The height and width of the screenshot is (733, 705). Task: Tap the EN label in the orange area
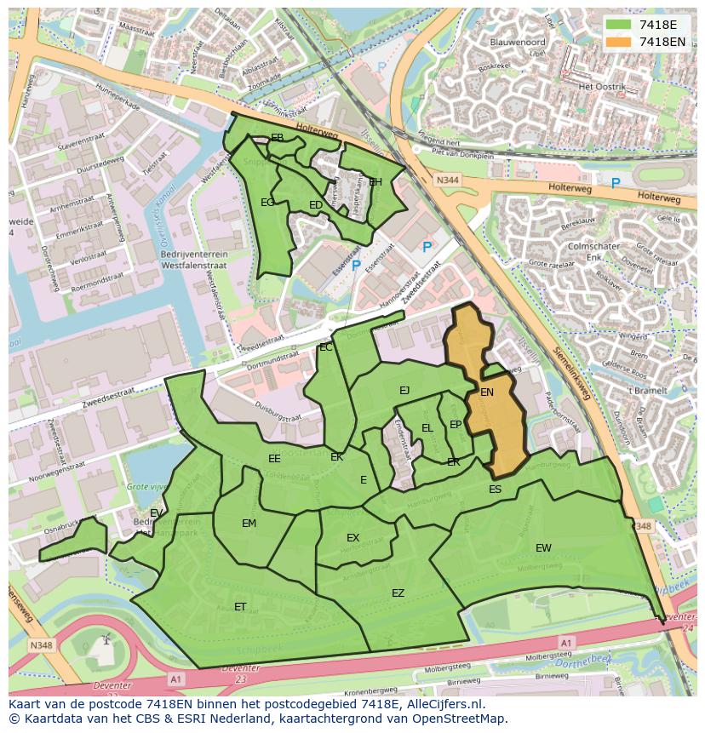[487, 392]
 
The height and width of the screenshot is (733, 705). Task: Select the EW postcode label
[543, 547]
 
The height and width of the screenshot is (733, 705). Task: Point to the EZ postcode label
[398, 593]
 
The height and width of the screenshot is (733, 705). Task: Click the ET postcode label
[240, 607]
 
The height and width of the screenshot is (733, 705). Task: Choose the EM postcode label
[249, 524]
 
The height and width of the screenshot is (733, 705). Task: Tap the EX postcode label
[353, 538]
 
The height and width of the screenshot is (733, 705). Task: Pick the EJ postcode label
[404, 391]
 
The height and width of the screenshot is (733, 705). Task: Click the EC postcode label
[325, 347]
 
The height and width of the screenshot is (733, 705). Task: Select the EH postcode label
[375, 182]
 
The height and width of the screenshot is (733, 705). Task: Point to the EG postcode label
[267, 203]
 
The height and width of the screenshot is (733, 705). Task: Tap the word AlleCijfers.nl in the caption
[443, 705]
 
